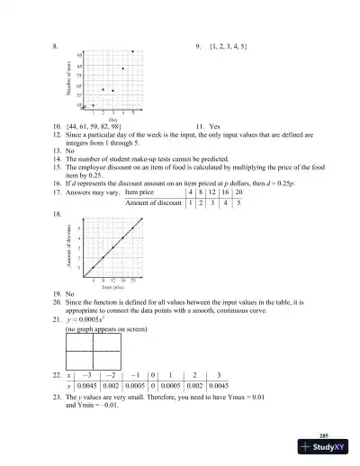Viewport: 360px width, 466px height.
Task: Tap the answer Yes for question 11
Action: click(x=215, y=127)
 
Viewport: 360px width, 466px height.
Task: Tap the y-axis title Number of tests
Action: click(x=69, y=80)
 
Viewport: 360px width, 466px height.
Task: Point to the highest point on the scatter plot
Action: click(x=133, y=52)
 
